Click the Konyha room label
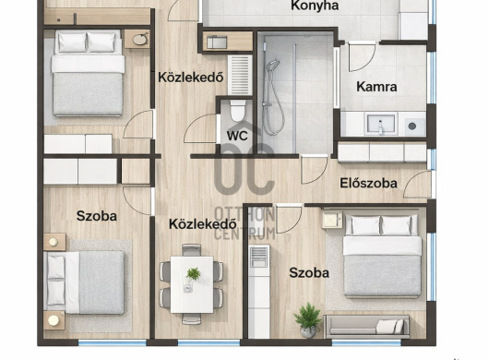coord(315,6)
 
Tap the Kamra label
coord(376,87)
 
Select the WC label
coord(237,136)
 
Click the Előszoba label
coord(369,183)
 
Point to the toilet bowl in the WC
coord(238,111)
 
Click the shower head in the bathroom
coord(272,66)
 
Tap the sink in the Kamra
coord(381,125)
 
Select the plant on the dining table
coord(194,274)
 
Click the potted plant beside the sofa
coord(308,320)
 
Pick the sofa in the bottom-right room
coord(367,327)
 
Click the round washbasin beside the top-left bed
coord(139,40)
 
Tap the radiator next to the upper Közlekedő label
coord(240,75)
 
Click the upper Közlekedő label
coord(191,78)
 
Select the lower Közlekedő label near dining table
coord(203,224)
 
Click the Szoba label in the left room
coord(97,216)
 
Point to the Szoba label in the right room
coord(309,273)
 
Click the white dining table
coord(192,284)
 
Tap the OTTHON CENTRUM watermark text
coord(245,224)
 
